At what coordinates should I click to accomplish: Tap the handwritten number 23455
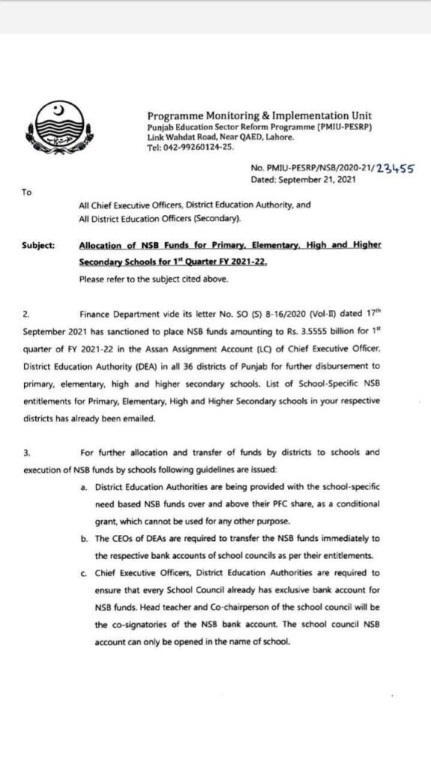pos(396,169)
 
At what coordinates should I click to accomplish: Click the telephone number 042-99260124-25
pos(201,148)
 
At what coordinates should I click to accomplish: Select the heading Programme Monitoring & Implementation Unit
pos(259,116)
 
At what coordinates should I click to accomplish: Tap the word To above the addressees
pos(26,193)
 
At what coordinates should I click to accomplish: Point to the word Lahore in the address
pos(280,137)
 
